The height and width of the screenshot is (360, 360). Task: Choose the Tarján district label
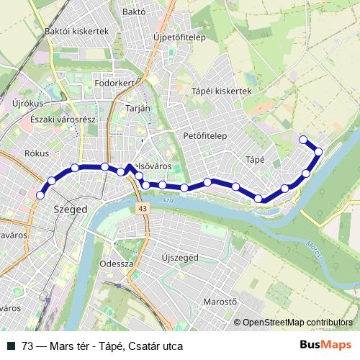138,107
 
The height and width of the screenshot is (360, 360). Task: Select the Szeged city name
71,210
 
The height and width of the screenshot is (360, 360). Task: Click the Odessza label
118,264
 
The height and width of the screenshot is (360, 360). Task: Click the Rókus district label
36,152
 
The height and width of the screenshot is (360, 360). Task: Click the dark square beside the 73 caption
12,346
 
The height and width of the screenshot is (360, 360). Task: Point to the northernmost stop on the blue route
303,139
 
